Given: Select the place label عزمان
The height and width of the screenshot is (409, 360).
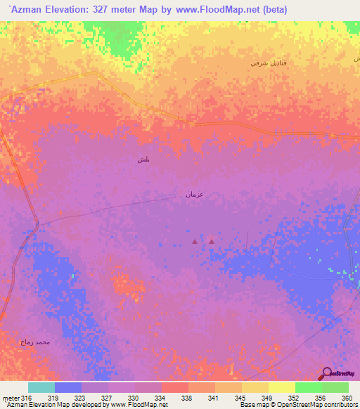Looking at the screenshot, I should (x=194, y=193).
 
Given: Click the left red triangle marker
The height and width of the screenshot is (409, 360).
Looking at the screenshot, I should (x=195, y=242).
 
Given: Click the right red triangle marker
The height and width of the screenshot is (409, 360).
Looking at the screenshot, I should (x=211, y=242).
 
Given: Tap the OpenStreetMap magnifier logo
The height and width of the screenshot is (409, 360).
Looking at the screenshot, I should (x=326, y=374).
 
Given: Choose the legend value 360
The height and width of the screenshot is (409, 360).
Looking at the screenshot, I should (x=346, y=398).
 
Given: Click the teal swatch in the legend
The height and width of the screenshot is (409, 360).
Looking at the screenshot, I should (x=41, y=387).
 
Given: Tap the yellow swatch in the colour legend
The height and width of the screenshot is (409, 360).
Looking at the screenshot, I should (x=282, y=387).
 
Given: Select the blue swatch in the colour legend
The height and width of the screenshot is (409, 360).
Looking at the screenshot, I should (x=68, y=387).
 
